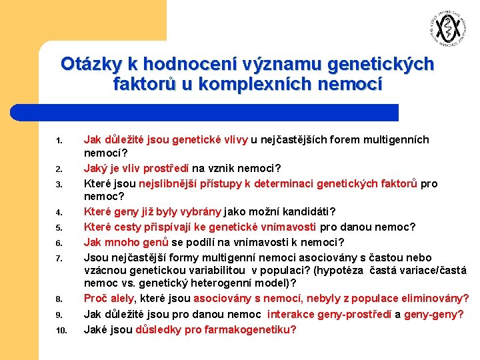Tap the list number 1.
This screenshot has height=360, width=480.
click(x=59, y=141)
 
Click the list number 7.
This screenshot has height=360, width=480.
click(x=59, y=259)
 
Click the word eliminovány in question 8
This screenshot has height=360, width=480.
click(x=430, y=297)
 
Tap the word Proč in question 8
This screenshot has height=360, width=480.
click(x=95, y=297)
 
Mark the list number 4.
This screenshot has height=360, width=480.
click(x=59, y=213)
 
